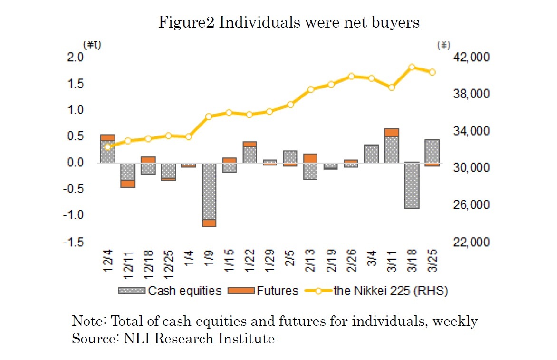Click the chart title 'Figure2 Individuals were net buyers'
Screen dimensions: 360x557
289,22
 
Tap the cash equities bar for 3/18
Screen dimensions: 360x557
412,185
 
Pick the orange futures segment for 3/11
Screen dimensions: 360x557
392,133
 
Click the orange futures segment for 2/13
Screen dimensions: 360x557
310,158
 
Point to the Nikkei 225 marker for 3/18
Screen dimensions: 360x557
412,67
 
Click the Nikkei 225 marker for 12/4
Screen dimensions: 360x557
108,146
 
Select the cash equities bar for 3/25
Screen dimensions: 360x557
432,151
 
